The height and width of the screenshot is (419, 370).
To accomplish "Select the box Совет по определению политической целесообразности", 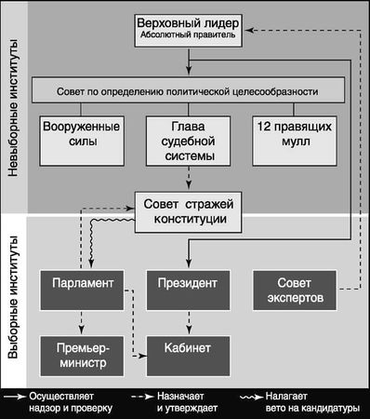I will [190, 92].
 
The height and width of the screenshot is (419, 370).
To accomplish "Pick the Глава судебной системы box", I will [190, 142].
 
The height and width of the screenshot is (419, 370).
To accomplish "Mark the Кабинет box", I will [190, 346].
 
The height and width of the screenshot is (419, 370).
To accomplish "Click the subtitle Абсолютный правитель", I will [191, 38].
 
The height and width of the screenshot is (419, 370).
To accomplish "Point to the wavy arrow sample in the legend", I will [251, 395].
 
